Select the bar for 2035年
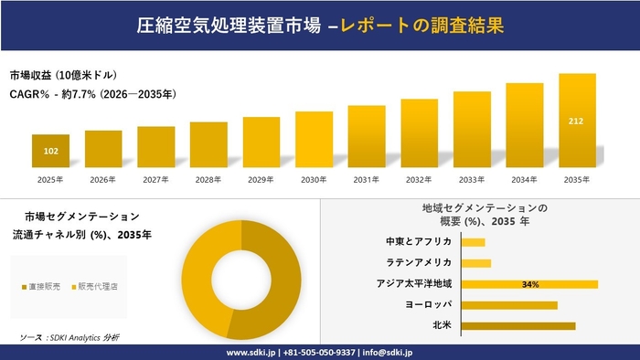(x=578, y=122)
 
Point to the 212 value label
(x=578, y=121)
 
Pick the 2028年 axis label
(x=208, y=180)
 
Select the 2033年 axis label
(x=472, y=180)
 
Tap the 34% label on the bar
(x=529, y=285)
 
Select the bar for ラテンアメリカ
(x=476, y=263)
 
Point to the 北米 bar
(x=518, y=325)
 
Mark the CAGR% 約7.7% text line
(x=93, y=93)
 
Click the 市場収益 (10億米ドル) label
(x=63, y=74)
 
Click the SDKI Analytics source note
(x=69, y=337)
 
